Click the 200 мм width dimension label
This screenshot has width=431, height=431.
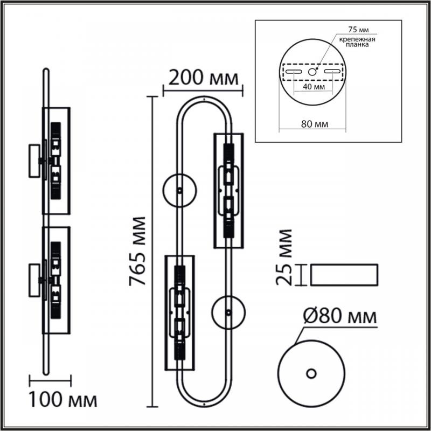(x=203, y=78)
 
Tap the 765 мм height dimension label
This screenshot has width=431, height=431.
(x=137, y=252)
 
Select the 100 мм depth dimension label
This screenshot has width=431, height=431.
(x=63, y=399)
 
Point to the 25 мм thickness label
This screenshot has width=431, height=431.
(x=284, y=258)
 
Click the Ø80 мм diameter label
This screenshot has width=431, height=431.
(x=340, y=316)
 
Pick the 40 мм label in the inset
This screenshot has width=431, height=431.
(x=314, y=87)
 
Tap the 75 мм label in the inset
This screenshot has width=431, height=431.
(x=358, y=30)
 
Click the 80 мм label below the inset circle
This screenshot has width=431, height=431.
(x=315, y=124)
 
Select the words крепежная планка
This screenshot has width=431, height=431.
(x=357, y=42)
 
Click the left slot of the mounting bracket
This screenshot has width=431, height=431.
(x=294, y=72)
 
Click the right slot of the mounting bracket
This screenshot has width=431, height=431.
(x=332, y=72)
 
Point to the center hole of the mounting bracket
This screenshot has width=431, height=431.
(x=312, y=72)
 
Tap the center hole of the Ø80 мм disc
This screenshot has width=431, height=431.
(x=311, y=373)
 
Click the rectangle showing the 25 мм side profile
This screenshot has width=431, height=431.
(x=344, y=275)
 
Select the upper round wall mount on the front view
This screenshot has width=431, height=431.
(x=179, y=191)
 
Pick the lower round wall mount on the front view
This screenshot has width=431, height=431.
(x=228, y=312)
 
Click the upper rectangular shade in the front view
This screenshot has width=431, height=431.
(x=228, y=191)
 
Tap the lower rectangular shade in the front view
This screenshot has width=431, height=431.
(x=180, y=313)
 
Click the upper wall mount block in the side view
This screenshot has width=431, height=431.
(x=34, y=161)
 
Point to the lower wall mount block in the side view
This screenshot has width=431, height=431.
(x=34, y=280)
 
